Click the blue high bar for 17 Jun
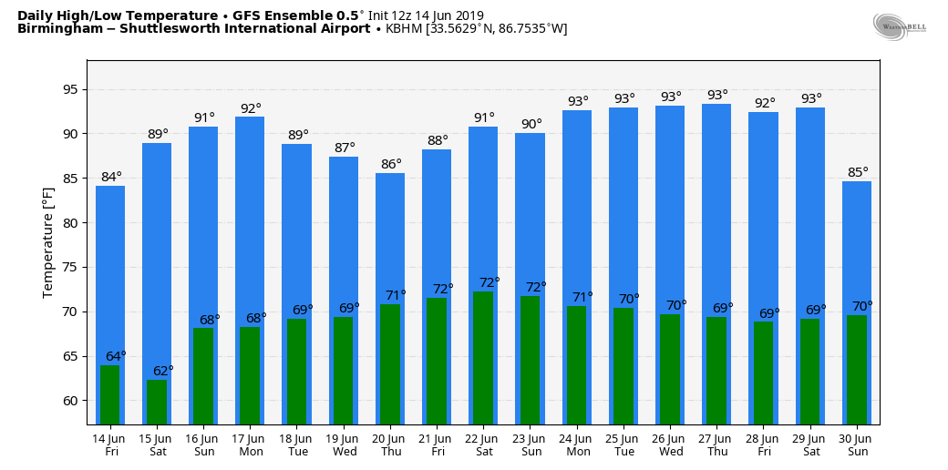[x=250, y=228]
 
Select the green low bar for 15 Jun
[x=157, y=402]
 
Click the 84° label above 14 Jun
[x=111, y=177]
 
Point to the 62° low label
[x=163, y=371]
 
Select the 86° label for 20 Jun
[x=391, y=164]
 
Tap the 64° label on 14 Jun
[x=116, y=356]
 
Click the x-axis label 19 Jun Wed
[x=344, y=444]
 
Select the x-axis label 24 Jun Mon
[x=577, y=444]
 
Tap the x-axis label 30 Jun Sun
[x=857, y=444]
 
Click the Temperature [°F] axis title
[x=48, y=242]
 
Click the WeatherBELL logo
[x=899, y=26]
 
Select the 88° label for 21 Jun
[x=438, y=140]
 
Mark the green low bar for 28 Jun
[x=763, y=373]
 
